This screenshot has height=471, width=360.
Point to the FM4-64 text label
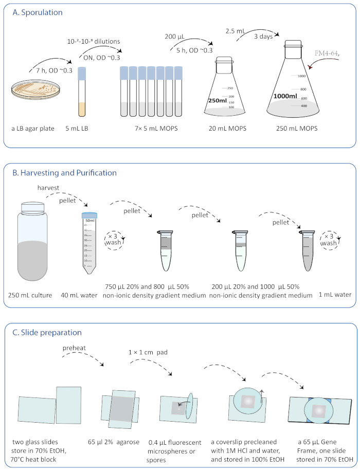(x=329, y=52)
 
